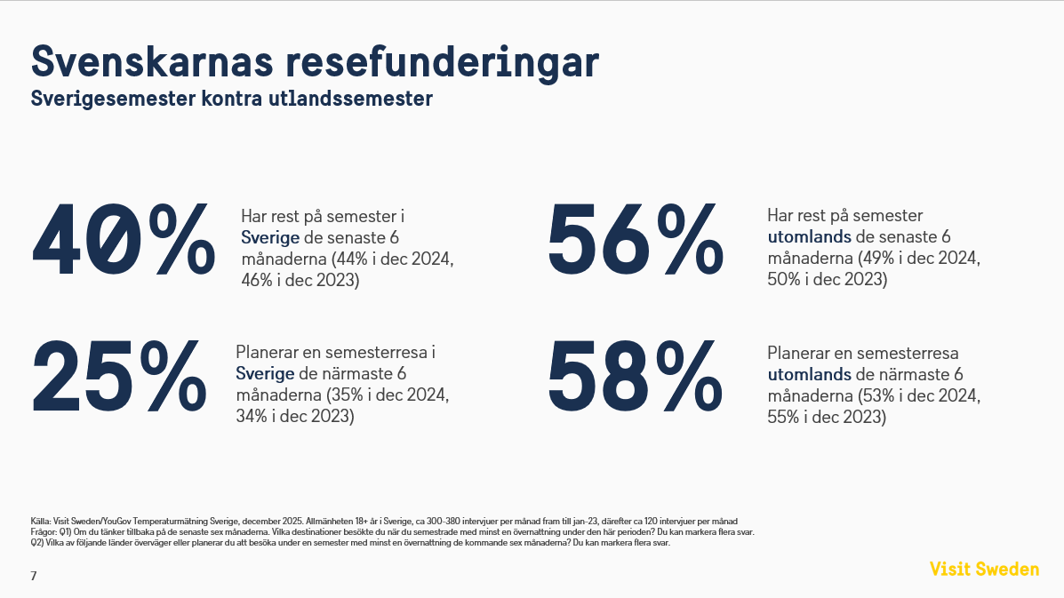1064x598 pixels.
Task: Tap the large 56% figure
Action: coord(635,238)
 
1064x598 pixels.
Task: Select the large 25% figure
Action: coord(119,376)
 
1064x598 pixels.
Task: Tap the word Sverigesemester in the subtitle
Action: coord(108,99)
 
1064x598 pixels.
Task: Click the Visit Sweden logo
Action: coord(984,569)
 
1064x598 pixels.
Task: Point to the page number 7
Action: coord(34,576)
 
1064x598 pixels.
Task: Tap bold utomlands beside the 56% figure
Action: coord(808,237)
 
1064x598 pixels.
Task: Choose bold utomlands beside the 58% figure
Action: coord(808,374)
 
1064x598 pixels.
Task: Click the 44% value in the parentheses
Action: coord(350,259)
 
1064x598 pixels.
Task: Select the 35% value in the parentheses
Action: coord(345,395)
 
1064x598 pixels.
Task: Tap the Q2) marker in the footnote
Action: coord(37,543)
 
